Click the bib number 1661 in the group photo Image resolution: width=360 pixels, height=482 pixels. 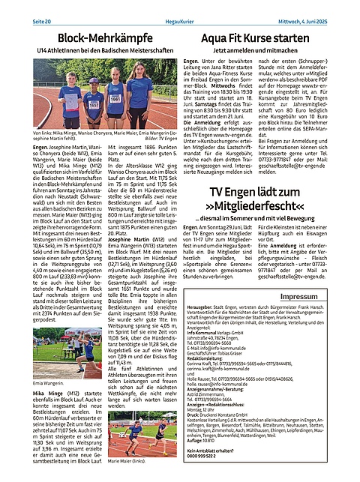pyautogui.click(x=115, y=97)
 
